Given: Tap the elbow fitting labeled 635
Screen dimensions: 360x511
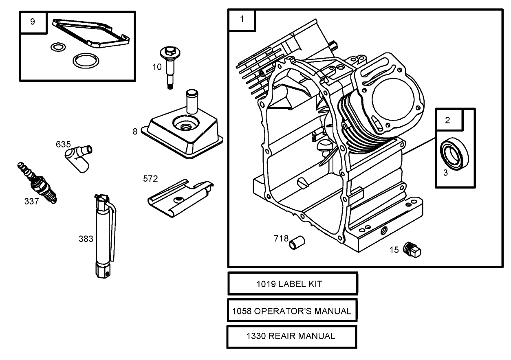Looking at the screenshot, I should (78, 157).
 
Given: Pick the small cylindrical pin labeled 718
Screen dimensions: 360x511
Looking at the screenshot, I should (297, 242).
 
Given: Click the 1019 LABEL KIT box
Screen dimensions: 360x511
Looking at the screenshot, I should (293, 284).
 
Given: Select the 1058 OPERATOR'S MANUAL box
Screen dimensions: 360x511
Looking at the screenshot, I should (292, 311).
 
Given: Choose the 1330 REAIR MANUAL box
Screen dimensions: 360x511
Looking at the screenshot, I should (291, 336).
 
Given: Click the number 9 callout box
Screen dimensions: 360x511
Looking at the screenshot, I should (33, 22).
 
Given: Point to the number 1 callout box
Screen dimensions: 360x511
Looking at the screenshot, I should (242, 20).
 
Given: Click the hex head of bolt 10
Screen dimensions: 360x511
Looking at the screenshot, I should (170, 51).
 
